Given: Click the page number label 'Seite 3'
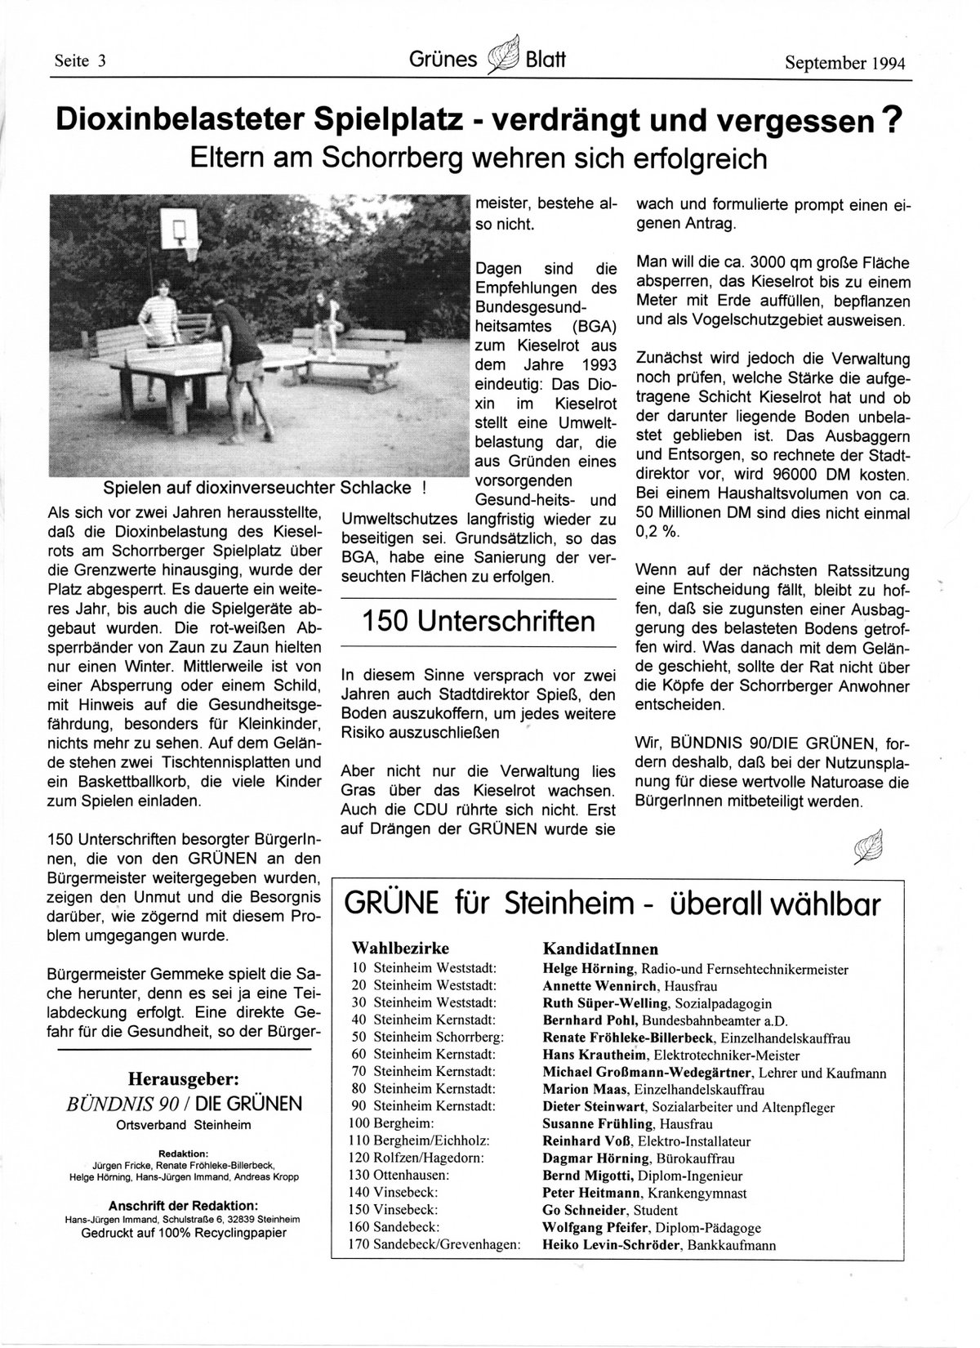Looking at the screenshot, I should click(x=81, y=61).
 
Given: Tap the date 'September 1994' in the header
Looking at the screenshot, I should click(x=846, y=63).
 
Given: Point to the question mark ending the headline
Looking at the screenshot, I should click(x=894, y=120).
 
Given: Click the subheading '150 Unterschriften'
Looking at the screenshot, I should click(x=479, y=622).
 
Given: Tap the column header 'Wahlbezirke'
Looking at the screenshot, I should click(x=400, y=949).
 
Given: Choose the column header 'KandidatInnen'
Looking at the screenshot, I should click(x=600, y=949).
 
